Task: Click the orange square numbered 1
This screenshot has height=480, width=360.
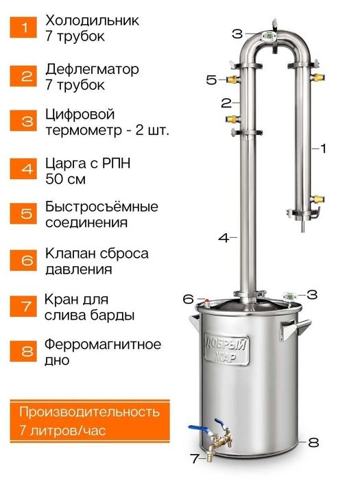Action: [25, 28]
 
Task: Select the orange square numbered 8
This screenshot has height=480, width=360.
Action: [25, 352]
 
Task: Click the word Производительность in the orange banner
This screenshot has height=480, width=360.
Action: [89, 412]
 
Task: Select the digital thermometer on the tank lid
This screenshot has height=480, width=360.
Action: [289, 297]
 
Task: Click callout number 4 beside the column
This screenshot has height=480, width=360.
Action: [222, 238]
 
